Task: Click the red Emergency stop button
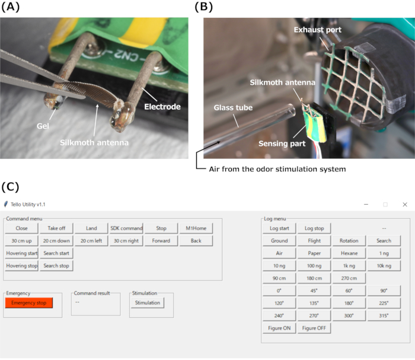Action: tap(28, 303)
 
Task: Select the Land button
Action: tap(91, 228)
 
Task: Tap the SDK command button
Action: tap(126, 228)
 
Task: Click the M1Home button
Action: tap(196, 228)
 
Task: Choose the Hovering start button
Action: tap(22, 253)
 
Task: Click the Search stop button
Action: tap(56, 266)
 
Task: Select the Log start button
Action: tap(279, 228)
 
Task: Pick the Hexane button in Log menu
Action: tap(349, 253)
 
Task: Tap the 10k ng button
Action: tap(384, 266)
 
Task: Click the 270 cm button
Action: tap(349, 278)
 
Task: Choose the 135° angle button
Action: tap(314, 303)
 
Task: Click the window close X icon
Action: tap(405, 204)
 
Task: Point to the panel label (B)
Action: tap(204, 8)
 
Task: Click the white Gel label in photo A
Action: tap(42, 127)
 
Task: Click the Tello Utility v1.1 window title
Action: tap(27, 204)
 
